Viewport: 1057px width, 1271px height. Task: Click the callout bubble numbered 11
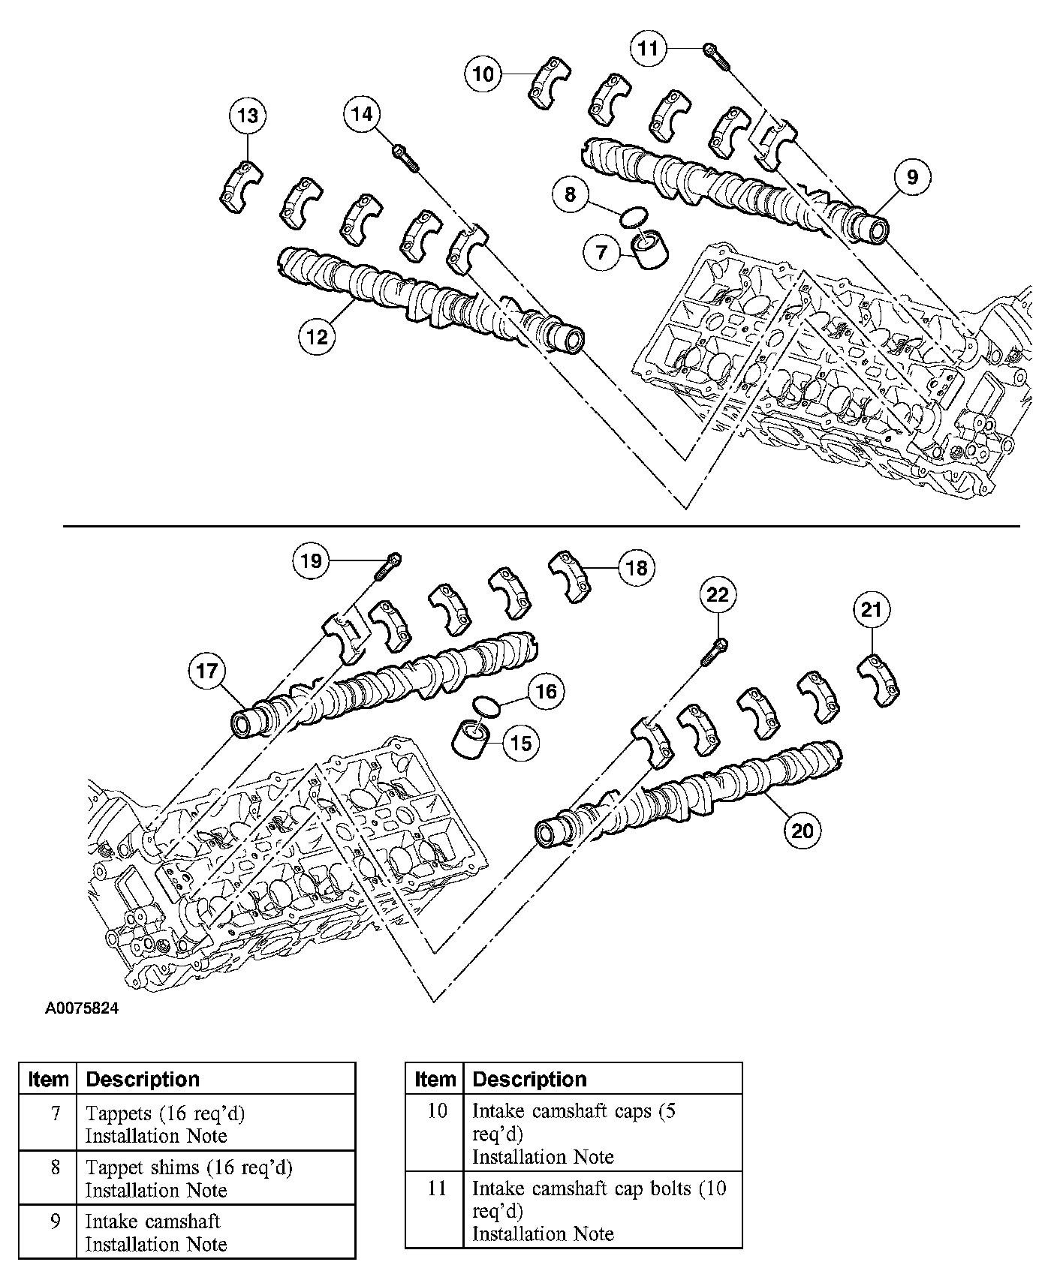coord(647,49)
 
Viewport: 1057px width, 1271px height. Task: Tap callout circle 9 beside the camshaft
coord(911,177)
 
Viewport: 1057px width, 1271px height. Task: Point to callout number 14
coord(362,114)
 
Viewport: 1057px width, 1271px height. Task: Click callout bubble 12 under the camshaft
coord(318,337)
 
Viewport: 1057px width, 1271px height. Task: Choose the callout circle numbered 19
coord(311,560)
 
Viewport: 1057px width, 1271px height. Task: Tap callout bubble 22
coord(718,595)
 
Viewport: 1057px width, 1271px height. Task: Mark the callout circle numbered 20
coord(803,831)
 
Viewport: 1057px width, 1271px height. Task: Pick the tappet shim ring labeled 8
coord(633,217)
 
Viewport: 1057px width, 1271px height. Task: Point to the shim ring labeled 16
coord(486,705)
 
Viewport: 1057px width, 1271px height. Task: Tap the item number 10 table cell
coord(437,1110)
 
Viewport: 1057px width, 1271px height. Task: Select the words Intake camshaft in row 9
coord(152,1221)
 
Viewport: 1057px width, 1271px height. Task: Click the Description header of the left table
coord(143,1079)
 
